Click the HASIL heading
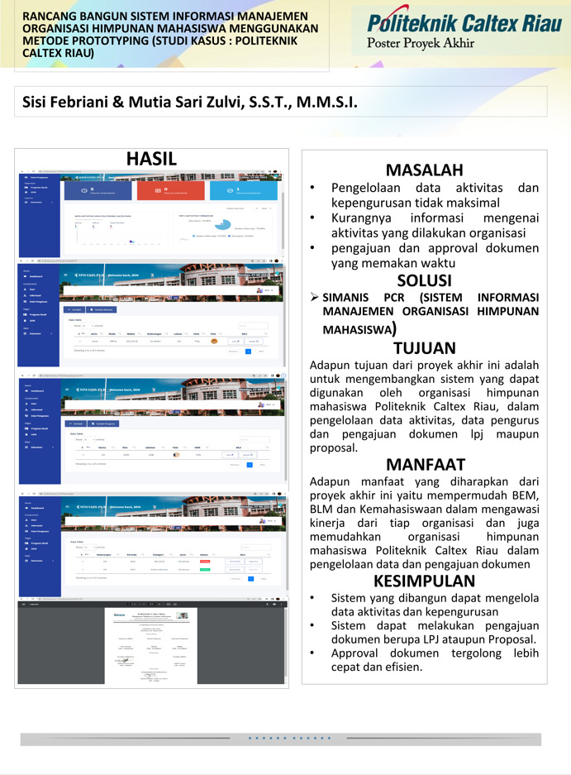point(151,158)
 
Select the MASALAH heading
point(424,170)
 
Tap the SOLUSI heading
point(424,280)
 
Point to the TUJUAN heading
point(424,348)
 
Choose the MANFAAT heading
point(424,464)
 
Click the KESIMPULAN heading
point(424,580)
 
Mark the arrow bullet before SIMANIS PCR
point(314,297)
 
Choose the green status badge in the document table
point(204,570)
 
